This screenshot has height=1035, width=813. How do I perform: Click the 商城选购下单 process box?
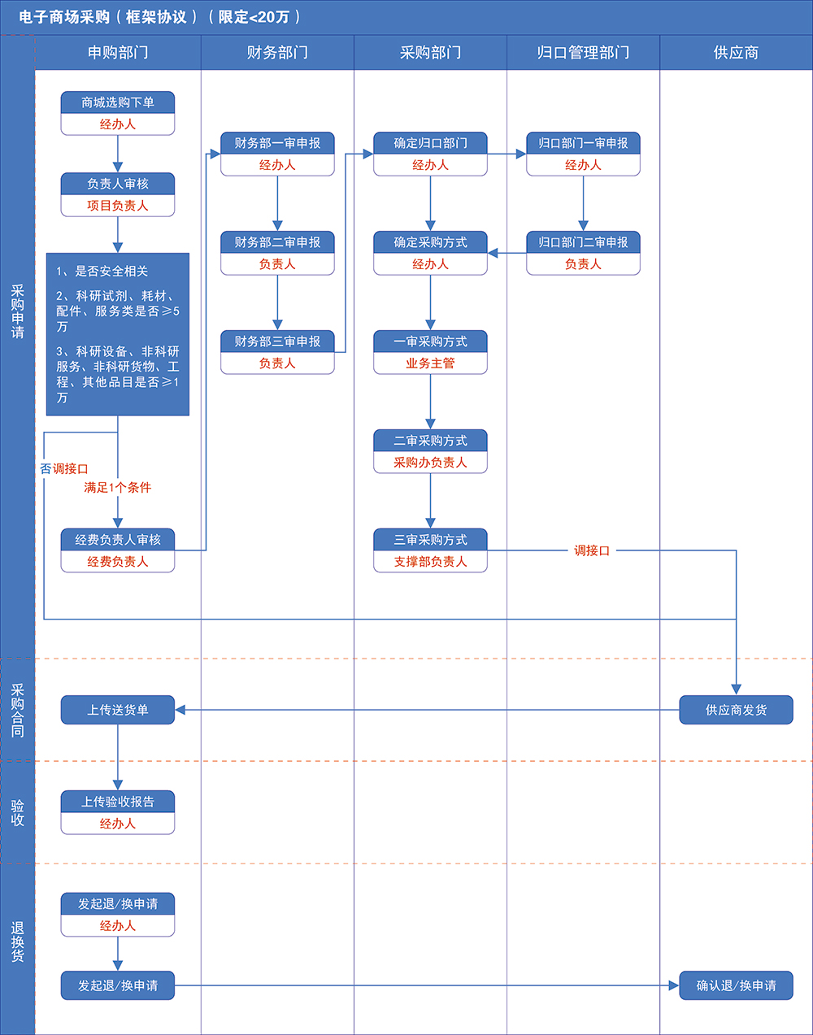tap(118, 103)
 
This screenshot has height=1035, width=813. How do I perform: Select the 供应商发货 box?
tap(736, 710)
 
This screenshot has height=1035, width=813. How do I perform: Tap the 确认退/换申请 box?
tap(736, 985)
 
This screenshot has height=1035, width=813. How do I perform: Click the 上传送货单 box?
tap(118, 710)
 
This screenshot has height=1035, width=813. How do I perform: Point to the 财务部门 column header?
tap(277, 53)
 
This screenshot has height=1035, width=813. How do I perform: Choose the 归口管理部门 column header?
tap(583, 53)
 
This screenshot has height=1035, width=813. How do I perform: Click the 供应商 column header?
tap(736, 53)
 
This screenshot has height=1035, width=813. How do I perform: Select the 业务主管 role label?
tap(430, 363)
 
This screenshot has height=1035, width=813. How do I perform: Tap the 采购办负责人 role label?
tap(430, 463)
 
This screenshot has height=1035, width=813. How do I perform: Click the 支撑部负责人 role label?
tap(430, 562)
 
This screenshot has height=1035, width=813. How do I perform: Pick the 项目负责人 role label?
tap(118, 206)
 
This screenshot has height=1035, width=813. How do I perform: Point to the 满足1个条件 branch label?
tap(118, 488)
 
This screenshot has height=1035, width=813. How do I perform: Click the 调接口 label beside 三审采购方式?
tap(592, 550)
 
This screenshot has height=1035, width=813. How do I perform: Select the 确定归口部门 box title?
tap(430, 143)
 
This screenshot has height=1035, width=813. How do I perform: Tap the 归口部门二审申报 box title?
tap(583, 242)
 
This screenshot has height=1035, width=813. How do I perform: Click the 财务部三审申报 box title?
tap(277, 341)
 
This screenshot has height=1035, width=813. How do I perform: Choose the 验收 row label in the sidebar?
tap(18, 812)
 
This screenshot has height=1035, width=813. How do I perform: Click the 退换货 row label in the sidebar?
tap(18, 942)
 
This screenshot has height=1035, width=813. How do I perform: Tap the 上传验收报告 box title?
tap(118, 802)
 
